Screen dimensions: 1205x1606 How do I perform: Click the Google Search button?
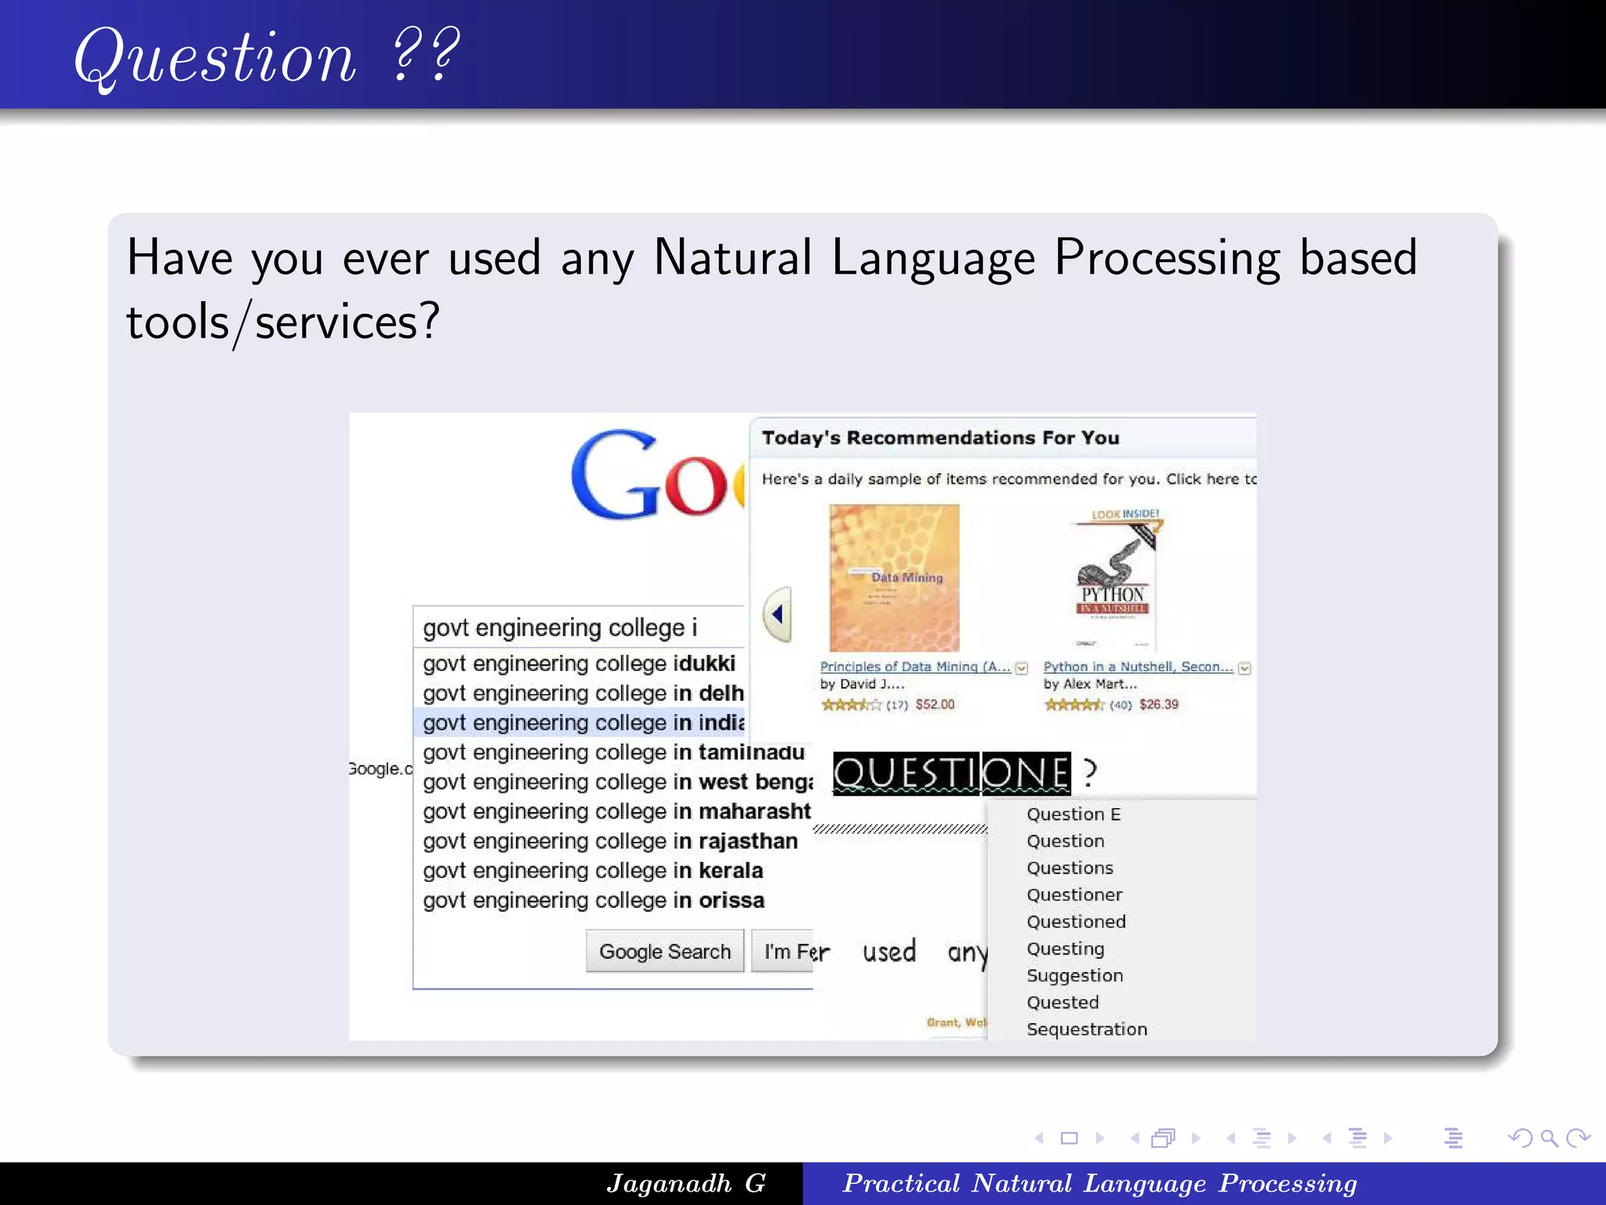click(x=664, y=951)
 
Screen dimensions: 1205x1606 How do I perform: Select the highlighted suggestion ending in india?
click(x=583, y=723)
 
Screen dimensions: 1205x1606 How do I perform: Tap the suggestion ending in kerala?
click(x=593, y=871)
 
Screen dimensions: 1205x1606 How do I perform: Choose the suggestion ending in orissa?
click(x=594, y=901)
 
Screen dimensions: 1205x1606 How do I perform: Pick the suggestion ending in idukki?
click(x=579, y=664)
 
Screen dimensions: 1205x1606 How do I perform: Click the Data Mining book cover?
click(x=894, y=577)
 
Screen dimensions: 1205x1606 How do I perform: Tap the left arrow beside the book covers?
click(x=777, y=614)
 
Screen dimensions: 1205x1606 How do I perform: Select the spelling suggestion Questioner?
click(x=1074, y=895)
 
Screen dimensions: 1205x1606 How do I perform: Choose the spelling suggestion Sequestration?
click(x=1087, y=1029)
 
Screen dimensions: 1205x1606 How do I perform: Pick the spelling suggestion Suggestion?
click(x=1074, y=976)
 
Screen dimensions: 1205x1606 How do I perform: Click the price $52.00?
click(x=935, y=704)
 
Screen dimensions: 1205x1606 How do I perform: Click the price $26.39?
click(x=1158, y=704)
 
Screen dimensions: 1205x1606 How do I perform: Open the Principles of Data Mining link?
click(x=914, y=667)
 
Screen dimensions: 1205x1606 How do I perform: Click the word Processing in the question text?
click(x=1167, y=259)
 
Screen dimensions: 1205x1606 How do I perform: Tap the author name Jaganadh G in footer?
click(x=685, y=1183)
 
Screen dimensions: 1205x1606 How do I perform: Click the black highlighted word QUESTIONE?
click(x=950, y=773)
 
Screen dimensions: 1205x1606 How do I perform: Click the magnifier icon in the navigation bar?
click(x=1549, y=1138)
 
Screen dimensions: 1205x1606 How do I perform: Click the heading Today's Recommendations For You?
click(x=940, y=438)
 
